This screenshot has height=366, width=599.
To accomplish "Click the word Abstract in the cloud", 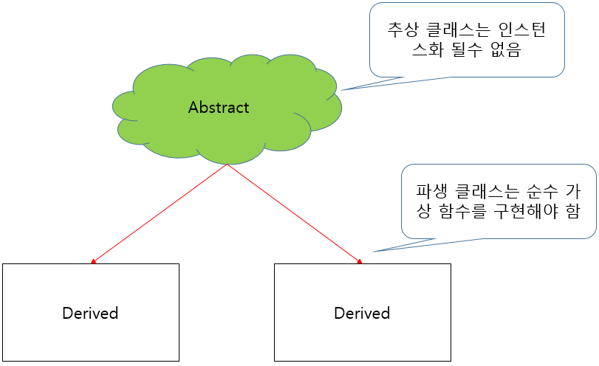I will pos(219,108).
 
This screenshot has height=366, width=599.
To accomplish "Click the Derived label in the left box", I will pos(90,313).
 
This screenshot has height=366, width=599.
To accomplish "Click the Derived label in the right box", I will pos(362,313).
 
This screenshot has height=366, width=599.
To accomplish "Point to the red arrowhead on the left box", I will pos(93,260).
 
